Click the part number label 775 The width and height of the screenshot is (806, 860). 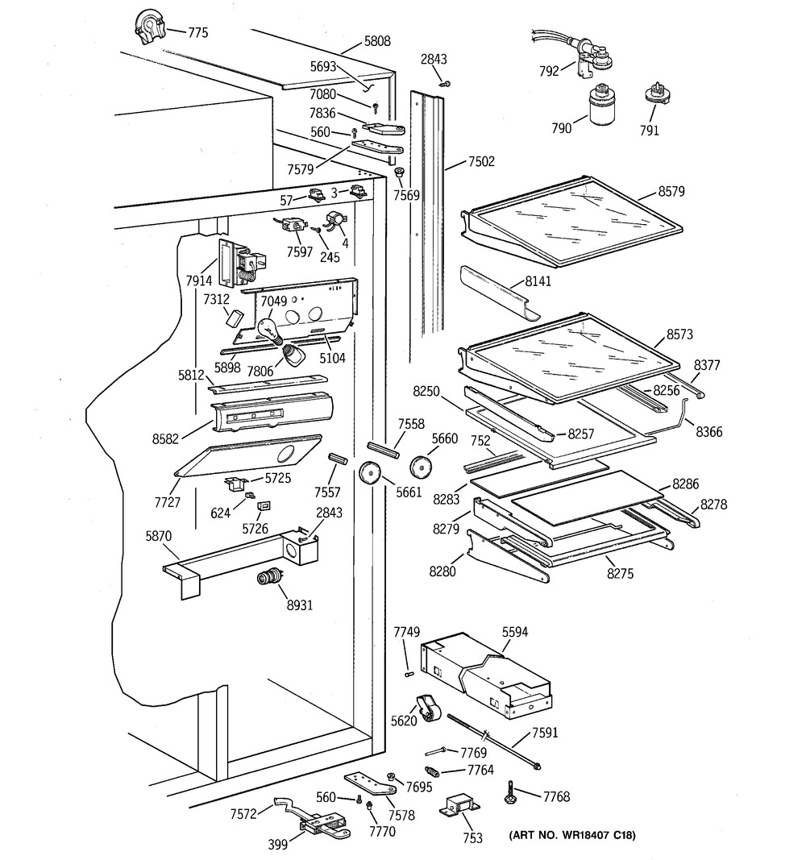tap(197, 33)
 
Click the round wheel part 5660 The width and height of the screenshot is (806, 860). tap(422, 467)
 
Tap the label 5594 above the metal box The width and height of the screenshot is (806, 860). tap(514, 633)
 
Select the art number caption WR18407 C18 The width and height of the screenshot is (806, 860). tap(572, 835)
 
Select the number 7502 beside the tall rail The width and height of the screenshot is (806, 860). tap(481, 163)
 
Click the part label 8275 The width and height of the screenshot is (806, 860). tap(621, 575)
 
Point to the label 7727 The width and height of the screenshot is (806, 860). tap(167, 502)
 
